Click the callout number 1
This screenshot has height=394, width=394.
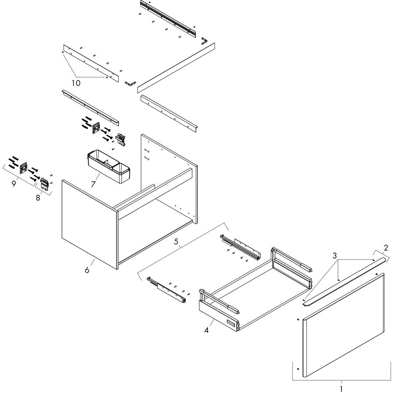341,389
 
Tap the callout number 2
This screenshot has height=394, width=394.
386,248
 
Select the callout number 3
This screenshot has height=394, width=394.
334,256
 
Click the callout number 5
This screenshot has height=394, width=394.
176,242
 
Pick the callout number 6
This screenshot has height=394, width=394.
87,270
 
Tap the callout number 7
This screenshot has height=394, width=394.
93,184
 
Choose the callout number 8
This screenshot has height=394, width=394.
38,198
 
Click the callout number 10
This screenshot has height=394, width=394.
76,83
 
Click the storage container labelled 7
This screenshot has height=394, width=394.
109,166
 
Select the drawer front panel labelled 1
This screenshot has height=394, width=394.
344,325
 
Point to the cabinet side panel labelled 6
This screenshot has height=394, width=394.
90,224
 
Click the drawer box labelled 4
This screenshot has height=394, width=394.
256,289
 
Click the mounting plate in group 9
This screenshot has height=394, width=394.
24,168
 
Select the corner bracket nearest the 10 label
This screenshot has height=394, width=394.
130,83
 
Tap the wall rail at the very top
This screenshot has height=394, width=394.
168,18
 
